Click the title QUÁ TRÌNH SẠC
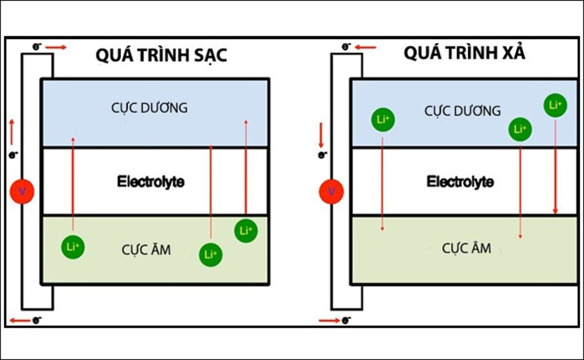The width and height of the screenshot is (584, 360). point(161,55)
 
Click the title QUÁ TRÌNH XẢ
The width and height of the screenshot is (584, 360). point(464,54)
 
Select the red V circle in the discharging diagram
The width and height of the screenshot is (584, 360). point(332,191)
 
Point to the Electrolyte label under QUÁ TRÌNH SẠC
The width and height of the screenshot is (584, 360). point(150,182)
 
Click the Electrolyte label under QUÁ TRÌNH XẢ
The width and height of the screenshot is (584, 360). point(460,182)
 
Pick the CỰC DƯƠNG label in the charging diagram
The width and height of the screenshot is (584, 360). point(149,108)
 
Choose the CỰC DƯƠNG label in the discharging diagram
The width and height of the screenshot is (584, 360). point(462,111)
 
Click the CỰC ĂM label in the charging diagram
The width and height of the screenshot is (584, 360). point(146,250)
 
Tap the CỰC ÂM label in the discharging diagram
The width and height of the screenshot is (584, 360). point(466,248)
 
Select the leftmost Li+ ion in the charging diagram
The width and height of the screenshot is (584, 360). point(73,247)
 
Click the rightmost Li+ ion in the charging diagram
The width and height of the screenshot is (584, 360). point(246,231)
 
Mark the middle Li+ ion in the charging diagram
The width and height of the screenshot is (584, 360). point(211,254)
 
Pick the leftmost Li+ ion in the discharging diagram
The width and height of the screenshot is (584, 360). point(383,119)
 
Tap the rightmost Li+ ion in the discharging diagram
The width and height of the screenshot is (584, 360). point(555,105)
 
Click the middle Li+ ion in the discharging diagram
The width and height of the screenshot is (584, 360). point(520,129)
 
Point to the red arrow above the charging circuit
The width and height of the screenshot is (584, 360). point(56,47)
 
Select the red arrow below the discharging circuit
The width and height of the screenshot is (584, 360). point(329,321)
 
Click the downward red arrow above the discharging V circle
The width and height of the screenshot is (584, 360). point(321,136)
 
